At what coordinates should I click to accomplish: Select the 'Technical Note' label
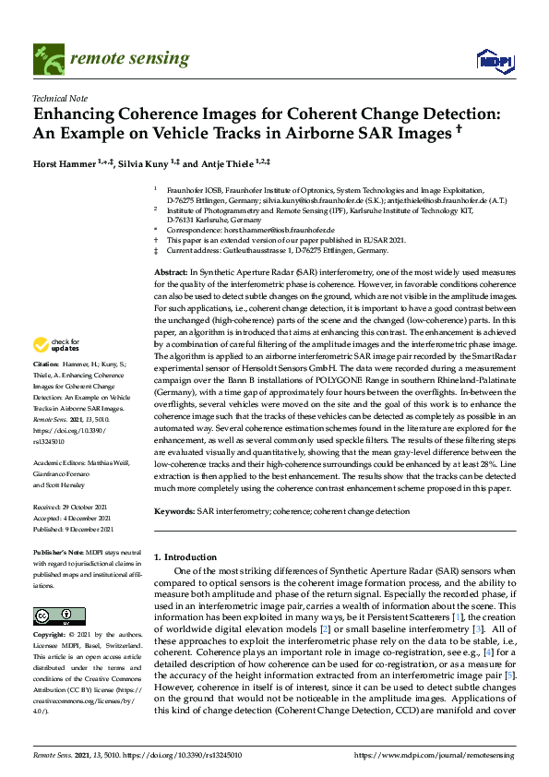[59, 97]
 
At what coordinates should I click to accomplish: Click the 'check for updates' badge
[55, 371]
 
